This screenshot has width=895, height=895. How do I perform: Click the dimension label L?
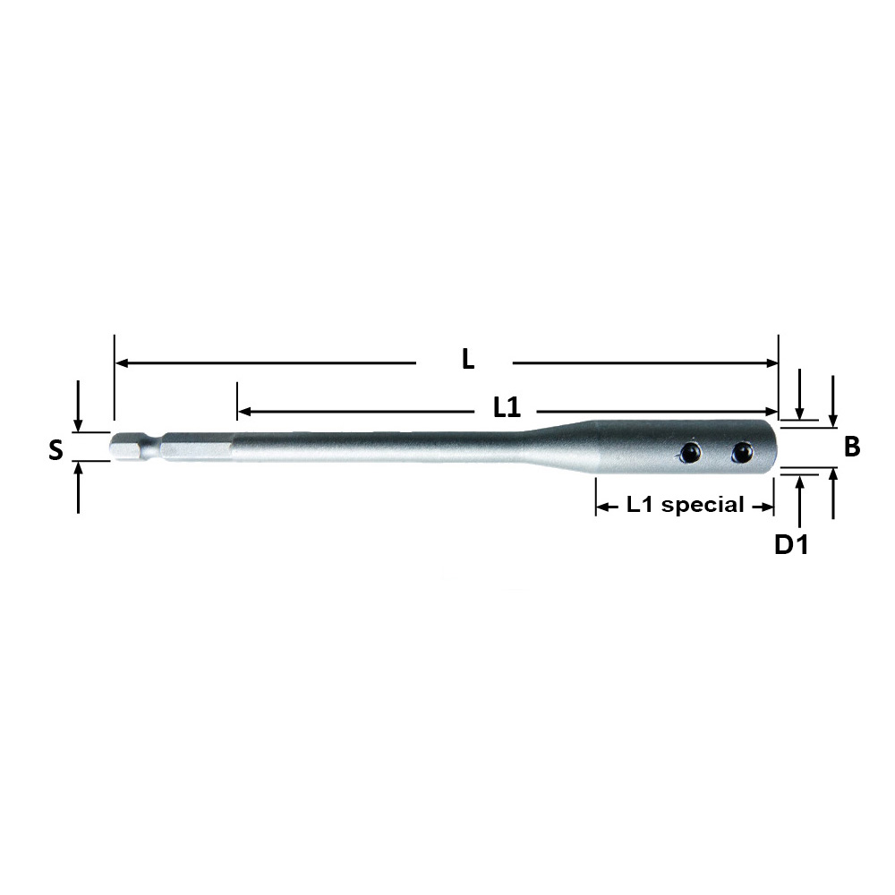pyautogui.click(x=467, y=359)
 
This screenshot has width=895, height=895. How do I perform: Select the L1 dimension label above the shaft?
pyautogui.click(x=507, y=407)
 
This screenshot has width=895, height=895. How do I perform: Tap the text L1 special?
pyautogui.click(x=685, y=505)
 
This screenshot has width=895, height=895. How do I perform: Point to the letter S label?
pyautogui.click(x=55, y=450)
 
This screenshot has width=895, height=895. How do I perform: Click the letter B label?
pyautogui.click(x=852, y=447)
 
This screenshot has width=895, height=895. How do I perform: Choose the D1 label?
pyautogui.click(x=791, y=545)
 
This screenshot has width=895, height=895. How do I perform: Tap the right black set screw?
pyautogui.click(x=742, y=452)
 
